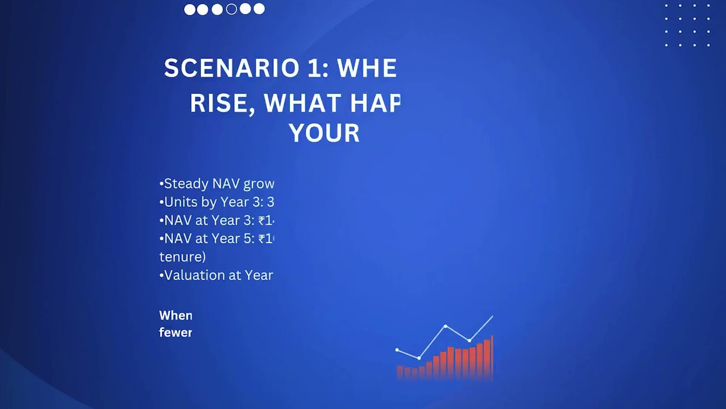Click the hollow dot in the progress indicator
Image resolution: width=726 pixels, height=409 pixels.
tap(231, 9)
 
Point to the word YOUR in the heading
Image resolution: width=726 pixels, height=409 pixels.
tap(324, 133)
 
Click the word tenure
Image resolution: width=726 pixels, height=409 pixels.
tap(181, 257)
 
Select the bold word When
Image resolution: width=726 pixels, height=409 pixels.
tap(176, 315)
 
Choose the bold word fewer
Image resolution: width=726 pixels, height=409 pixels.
tap(176, 332)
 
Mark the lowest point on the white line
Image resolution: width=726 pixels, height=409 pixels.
tap(419, 358)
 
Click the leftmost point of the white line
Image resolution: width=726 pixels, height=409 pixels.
tap(397, 350)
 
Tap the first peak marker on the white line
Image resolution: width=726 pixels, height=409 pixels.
tap(446, 326)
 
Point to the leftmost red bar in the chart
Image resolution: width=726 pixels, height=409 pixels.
tap(400, 372)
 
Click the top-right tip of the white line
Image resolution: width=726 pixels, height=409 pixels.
tap(492, 316)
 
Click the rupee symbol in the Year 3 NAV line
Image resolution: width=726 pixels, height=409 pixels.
tap(262, 220)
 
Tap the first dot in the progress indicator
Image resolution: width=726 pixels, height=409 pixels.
tap(189, 9)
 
